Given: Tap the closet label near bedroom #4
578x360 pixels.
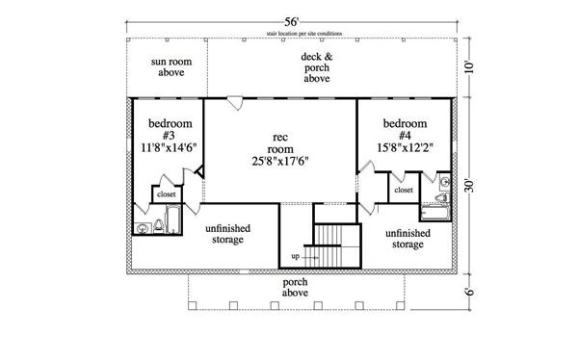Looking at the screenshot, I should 404,191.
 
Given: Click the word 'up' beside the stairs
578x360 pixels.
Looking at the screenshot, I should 295,257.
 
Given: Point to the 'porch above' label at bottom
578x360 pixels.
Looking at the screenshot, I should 296,289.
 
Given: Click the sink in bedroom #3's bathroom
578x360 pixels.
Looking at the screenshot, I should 144,228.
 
